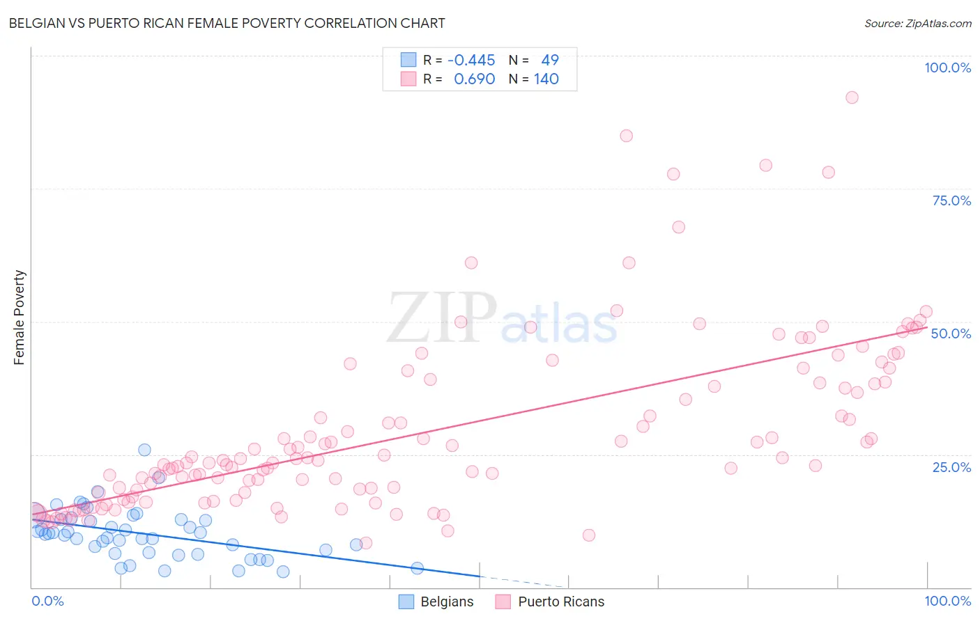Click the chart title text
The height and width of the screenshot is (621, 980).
227,23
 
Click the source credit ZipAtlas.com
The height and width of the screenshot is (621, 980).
917,24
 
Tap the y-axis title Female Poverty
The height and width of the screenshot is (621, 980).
20,317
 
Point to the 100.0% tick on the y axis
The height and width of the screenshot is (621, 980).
947,68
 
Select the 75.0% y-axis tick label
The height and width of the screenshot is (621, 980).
951,201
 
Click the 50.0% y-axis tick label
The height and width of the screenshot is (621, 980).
951,333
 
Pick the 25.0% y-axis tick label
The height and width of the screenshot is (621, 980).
951,466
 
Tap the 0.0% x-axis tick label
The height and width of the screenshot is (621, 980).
47,601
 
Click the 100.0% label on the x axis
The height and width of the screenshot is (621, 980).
947,601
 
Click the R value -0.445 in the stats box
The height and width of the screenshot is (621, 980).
471,61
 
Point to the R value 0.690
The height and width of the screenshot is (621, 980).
474,79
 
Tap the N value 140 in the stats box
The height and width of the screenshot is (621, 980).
546,79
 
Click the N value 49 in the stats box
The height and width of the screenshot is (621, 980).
550,61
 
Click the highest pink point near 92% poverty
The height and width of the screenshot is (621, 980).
852,97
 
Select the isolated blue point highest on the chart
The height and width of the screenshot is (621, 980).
144,450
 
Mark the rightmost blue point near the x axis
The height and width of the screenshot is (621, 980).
417,568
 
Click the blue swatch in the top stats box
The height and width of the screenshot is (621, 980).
408,60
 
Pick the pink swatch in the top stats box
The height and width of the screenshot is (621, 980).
408,79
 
